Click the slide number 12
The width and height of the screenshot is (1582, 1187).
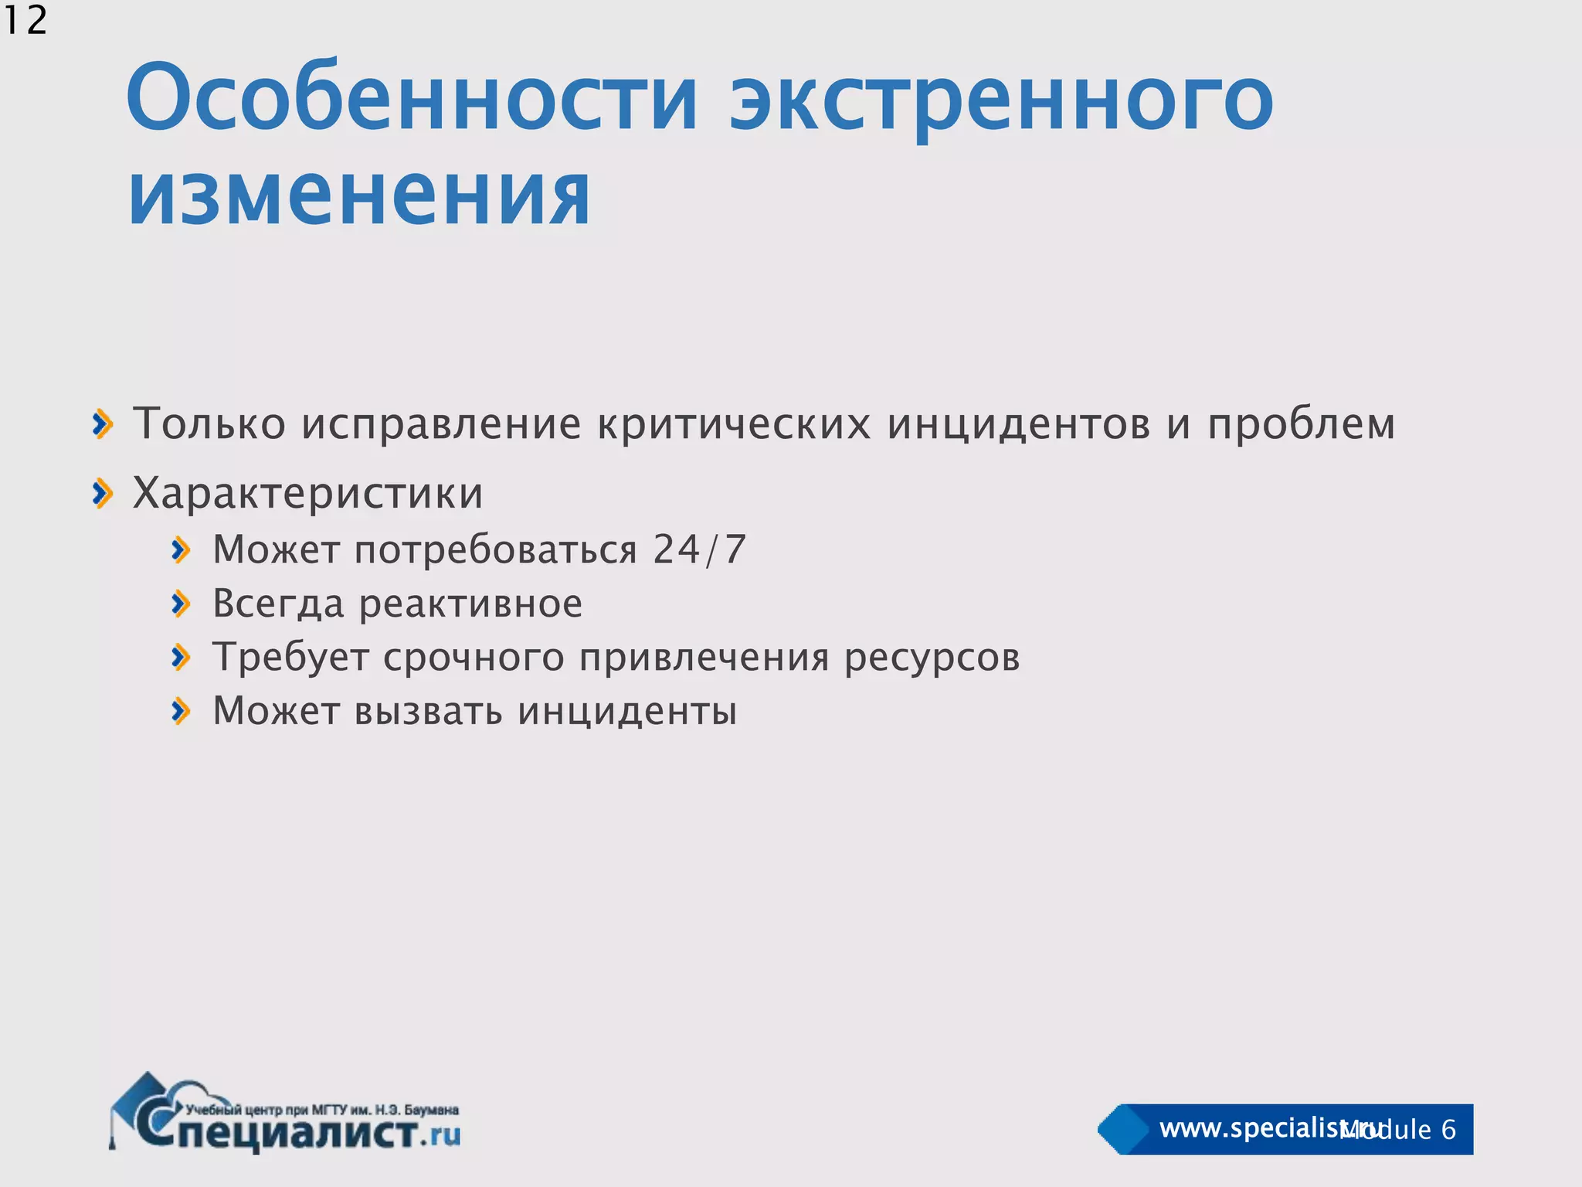[x=25, y=20]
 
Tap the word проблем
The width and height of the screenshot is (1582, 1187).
[x=1302, y=424]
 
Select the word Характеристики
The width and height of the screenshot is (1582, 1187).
[x=308, y=493]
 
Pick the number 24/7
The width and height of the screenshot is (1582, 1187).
[x=700, y=549]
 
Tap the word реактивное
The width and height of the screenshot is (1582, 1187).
[x=471, y=604]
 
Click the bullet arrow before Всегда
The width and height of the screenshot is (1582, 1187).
[x=182, y=604]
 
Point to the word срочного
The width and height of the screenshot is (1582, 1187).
[x=474, y=658]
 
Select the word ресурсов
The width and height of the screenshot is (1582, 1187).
[x=932, y=658]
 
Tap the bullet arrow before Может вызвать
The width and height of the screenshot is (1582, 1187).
[x=182, y=711]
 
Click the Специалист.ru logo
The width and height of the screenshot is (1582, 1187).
[x=286, y=1114]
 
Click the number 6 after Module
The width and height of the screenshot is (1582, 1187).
[x=1448, y=1130]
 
